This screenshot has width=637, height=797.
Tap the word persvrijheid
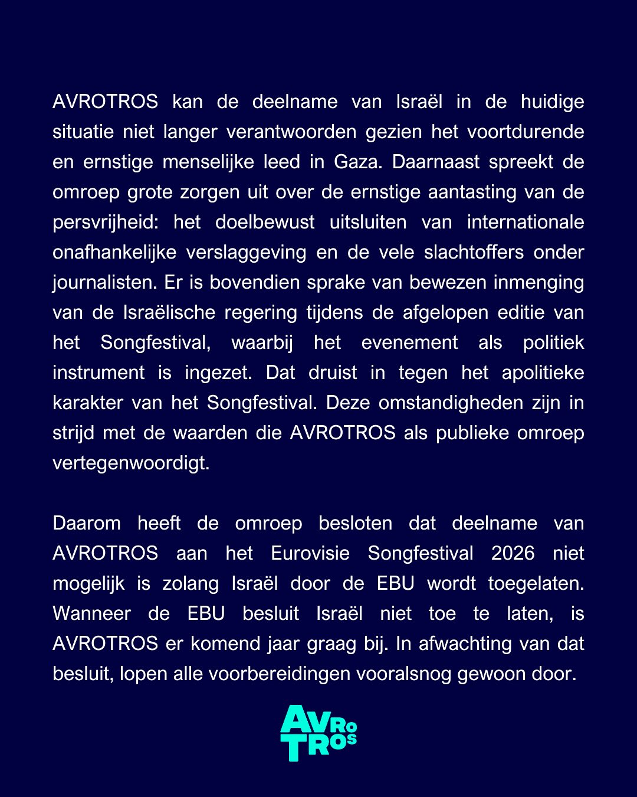click(112, 223)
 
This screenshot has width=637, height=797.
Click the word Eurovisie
click(310, 553)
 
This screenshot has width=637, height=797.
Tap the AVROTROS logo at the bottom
click(318, 733)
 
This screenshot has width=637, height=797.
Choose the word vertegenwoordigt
click(131, 463)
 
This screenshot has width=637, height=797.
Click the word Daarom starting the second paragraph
click(87, 523)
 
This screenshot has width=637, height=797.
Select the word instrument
click(98, 373)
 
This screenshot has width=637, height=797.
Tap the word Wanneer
click(91, 613)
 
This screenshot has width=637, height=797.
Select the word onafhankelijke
click(114, 252)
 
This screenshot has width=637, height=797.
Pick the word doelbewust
click(265, 223)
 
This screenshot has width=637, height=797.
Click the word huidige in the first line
click(552, 102)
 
